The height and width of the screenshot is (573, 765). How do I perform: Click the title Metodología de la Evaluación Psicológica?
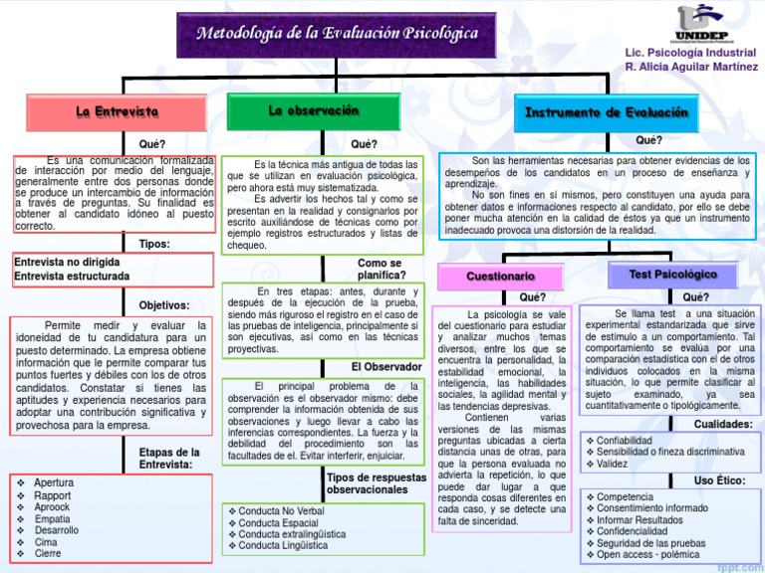click(337, 34)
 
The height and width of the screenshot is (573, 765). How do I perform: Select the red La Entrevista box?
click(117, 111)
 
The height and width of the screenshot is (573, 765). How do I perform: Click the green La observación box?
click(314, 111)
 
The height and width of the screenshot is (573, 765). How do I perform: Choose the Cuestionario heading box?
click(501, 275)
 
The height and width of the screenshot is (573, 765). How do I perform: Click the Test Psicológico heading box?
click(672, 274)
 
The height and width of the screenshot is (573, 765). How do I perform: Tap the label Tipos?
click(153, 244)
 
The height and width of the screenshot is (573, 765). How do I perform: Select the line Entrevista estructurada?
click(72, 276)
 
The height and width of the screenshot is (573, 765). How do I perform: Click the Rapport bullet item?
click(52, 495)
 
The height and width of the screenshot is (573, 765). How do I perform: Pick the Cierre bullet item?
click(48, 554)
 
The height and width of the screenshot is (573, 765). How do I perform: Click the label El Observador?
click(385, 367)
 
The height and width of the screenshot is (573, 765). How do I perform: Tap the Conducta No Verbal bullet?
click(282, 511)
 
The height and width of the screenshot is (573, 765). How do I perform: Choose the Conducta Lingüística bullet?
click(283, 545)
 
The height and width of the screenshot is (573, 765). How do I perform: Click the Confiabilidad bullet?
click(625, 440)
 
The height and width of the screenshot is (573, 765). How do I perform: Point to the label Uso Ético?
click(719, 480)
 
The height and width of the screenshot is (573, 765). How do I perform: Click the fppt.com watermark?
click(736, 566)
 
